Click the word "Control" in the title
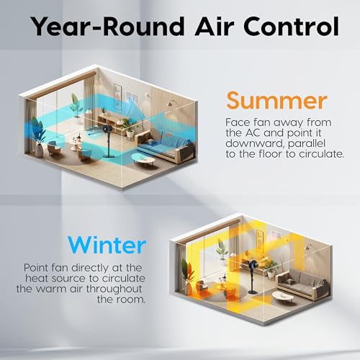(291, 27)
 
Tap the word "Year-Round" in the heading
(108, 27)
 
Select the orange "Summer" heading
(276, 101)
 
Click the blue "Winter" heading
(107, 245)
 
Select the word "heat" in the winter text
(37, 278)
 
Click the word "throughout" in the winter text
(114, 289)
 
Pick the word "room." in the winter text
(131, 300)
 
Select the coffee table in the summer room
(143, 159)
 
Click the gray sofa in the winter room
(303, 284)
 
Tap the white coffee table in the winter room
(283, 297)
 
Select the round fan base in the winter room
(253, 292)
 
